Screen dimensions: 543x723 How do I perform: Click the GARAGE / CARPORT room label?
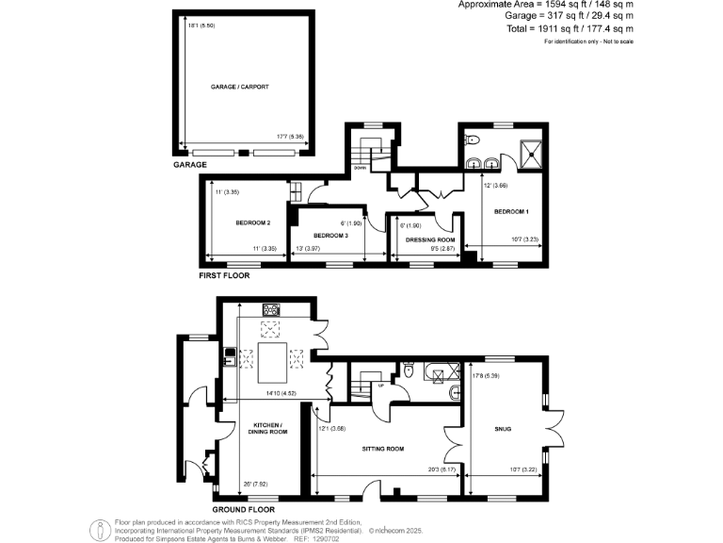click(240, 86)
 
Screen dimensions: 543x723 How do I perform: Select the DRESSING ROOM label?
click(423, 240)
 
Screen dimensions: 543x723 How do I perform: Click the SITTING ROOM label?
click(382, 449)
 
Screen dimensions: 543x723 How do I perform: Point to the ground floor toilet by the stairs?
click(409, 371)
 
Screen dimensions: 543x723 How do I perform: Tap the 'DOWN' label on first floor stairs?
click(360, 166)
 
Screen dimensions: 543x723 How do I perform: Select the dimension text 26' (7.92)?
click(255, 484)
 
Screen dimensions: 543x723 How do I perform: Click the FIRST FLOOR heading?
click(225, 276)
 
